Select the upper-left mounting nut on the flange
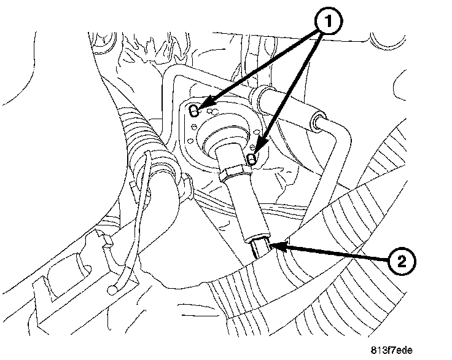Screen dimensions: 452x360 pyautogui.click(x=194, y=111)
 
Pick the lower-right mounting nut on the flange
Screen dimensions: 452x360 pyautogui.click(x=251, y=159)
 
